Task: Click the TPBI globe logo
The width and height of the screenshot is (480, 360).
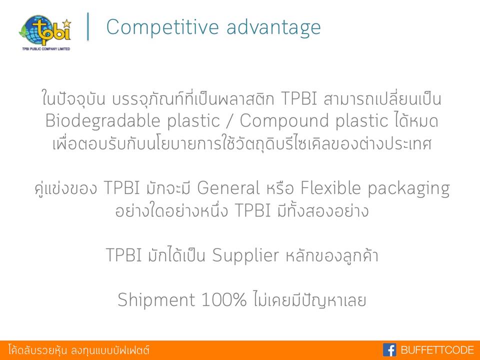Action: (x=45, y=30)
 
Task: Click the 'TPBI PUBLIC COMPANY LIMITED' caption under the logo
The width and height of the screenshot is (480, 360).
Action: (x=46, y=48)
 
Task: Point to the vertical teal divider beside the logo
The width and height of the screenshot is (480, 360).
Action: (x=88, y=26)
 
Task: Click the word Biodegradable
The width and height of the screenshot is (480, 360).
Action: (x=102, y=121)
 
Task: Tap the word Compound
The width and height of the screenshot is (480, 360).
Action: (x=284, y=121)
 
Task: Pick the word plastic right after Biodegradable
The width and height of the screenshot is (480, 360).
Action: (x=193, y=121)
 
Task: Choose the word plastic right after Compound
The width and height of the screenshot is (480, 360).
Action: (x=362, y=121)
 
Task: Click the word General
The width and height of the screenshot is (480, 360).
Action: (x=228, y=187)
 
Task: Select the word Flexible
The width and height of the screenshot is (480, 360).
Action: (x=330, y=187)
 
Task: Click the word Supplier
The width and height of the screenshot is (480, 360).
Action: (x=245, y=256)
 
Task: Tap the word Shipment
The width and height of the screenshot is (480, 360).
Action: (x=156, y=299)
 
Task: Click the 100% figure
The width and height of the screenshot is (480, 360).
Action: (x=224, y=299)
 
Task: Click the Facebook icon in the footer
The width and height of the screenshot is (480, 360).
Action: (x=389, y=349)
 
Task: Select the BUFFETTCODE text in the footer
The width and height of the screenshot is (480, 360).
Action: (x=437, y=350)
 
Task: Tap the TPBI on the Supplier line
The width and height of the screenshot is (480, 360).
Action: (x=123, y=255)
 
